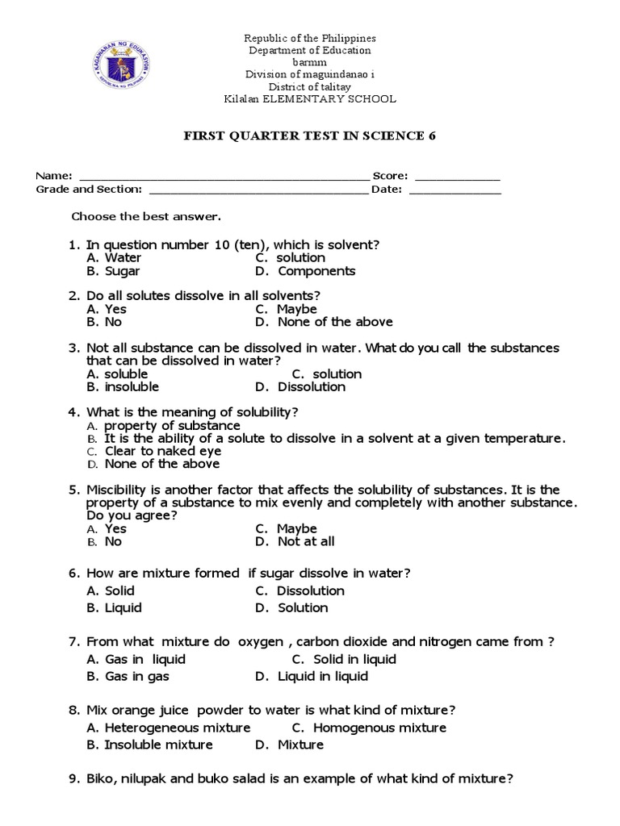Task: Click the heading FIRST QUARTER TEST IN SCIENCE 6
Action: click(310, 136)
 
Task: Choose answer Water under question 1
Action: click(123, 258)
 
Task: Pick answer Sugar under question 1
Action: click(122, 272)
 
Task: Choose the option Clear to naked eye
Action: click(162, 452)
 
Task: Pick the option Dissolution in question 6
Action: click(310, 590)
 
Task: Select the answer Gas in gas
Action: click(136, 677)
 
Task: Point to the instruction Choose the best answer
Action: click(146, 217)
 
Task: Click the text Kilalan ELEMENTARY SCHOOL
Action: click(310, 99)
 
